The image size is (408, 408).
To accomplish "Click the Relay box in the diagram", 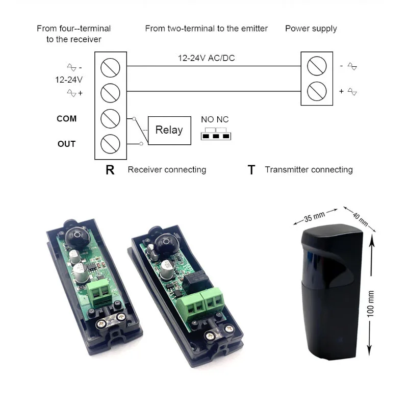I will tap(169, 130).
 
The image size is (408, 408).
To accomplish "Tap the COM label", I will tap(67, 119).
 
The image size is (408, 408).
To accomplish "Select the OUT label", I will tap(67, 144).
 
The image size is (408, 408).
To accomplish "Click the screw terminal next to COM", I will tap(110, 119).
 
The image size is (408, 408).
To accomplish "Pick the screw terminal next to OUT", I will tap(110, 144).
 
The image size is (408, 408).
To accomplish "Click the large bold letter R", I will tap(110, 170).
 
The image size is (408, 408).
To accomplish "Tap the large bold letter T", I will tap(251, 170).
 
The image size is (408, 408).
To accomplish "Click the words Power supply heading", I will tap(311, 29).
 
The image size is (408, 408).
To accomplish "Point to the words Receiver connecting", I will tap(167, 170).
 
